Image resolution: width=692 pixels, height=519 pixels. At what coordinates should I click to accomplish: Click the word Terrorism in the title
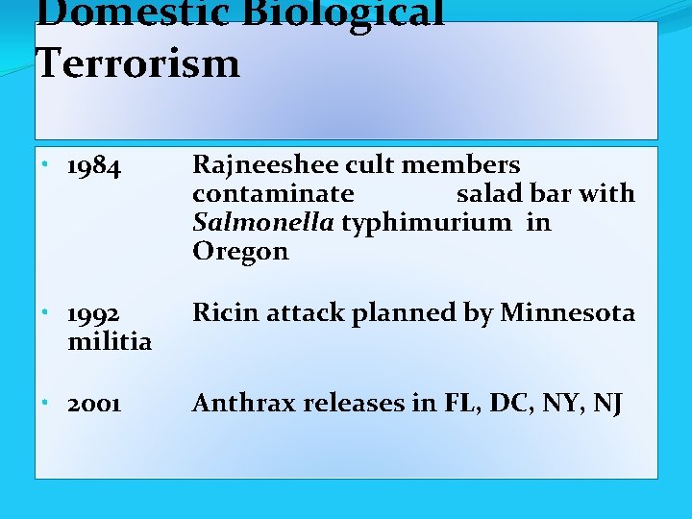137,63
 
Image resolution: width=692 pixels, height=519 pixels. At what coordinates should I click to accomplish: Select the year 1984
94,168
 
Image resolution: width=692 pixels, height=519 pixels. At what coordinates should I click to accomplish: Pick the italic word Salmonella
263,223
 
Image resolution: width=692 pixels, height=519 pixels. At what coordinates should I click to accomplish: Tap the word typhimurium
427,223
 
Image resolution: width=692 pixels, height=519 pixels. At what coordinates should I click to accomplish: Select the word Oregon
240,252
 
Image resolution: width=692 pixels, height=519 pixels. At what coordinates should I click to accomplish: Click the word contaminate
273,194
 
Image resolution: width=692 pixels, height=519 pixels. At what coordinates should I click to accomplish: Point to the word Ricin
226,312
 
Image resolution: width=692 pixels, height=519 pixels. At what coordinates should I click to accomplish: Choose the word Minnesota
568,312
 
